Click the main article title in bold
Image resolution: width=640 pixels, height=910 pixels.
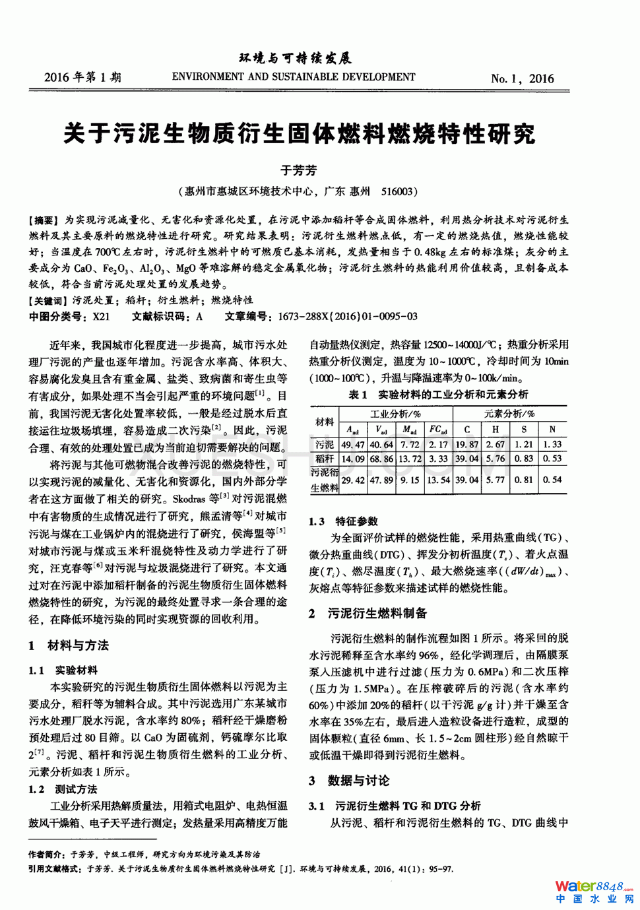299,134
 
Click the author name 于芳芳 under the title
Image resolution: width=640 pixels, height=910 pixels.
298,170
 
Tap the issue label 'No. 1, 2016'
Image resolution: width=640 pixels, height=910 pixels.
522,79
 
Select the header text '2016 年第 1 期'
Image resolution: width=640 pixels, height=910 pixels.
82,77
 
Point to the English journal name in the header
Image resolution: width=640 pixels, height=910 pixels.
294,77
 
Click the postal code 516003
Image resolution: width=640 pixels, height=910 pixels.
397,191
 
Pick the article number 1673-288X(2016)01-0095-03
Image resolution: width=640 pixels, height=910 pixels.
347,316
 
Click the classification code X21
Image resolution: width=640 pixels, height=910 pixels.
101,316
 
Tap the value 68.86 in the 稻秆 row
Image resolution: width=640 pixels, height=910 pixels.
381,459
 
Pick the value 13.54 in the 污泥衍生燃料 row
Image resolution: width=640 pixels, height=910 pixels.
438,480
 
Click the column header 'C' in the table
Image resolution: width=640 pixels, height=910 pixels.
466,429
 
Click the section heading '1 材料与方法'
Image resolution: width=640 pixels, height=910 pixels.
69,645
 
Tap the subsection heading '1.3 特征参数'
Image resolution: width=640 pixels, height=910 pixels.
343,521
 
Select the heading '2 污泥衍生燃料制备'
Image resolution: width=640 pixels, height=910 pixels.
368,613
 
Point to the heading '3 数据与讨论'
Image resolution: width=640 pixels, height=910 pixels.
349,781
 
